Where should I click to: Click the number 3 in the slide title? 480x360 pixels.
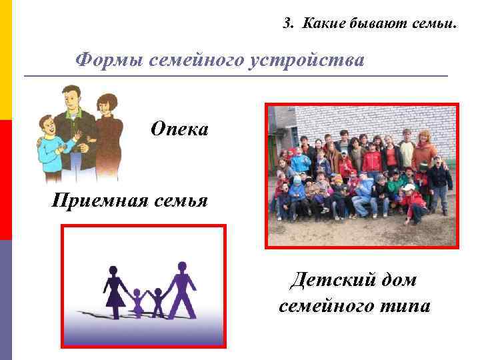click(287, 25)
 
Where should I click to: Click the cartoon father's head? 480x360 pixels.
click(70, 97)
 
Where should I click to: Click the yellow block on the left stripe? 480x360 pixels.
click(5, 60)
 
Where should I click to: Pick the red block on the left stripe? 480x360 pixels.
click(5, 180)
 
